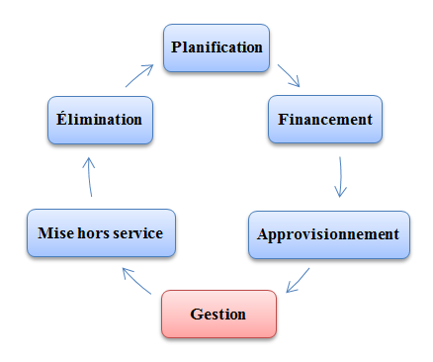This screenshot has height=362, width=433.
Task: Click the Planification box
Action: point(216,47)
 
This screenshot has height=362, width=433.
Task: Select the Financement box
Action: point(325,120)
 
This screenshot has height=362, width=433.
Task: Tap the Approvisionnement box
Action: point(329,234)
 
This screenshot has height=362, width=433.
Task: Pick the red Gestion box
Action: point(218,314)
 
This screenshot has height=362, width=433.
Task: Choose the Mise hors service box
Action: point(101,232)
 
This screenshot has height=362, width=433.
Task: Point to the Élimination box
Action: point(100,120)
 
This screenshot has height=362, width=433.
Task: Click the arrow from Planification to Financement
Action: point(289,75)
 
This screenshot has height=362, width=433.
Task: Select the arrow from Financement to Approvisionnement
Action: point(340,177)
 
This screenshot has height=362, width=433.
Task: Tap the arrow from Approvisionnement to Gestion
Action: point(298,280)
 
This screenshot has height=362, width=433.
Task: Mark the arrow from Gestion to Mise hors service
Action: point(136,281)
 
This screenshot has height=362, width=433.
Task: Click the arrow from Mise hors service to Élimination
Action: point(89,177)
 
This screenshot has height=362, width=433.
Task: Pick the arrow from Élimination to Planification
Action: point(139,76)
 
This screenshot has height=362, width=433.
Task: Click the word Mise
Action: point(55,233)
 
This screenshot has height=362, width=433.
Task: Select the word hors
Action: point(94,233)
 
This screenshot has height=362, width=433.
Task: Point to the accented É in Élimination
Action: point(61,118)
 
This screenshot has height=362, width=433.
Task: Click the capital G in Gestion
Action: point(197,315)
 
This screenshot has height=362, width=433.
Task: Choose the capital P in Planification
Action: point(176,46)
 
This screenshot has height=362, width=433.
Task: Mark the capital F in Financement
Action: point(283,119)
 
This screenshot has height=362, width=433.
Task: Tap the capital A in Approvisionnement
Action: point(264,234)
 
